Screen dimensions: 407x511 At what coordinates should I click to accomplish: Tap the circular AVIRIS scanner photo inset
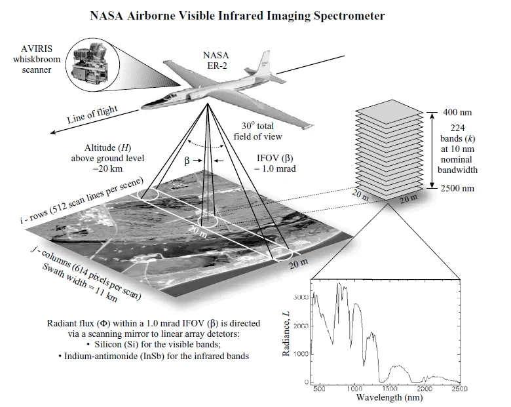click(96, 63)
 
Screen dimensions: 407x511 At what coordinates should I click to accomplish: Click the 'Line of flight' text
click(92, 115)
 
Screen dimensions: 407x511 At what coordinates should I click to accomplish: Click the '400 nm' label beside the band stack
click(457, 112)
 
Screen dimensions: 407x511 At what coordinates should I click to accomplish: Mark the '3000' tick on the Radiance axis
click(299, 298)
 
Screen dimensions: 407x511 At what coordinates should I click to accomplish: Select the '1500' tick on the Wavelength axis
click(390, 389)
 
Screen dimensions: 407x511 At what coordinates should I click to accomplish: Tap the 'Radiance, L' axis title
click(286, 334)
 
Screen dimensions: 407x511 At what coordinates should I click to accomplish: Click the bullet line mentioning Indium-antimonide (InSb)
click(153, 356)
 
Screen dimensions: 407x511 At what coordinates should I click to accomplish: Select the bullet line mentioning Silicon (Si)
click(153, 345)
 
